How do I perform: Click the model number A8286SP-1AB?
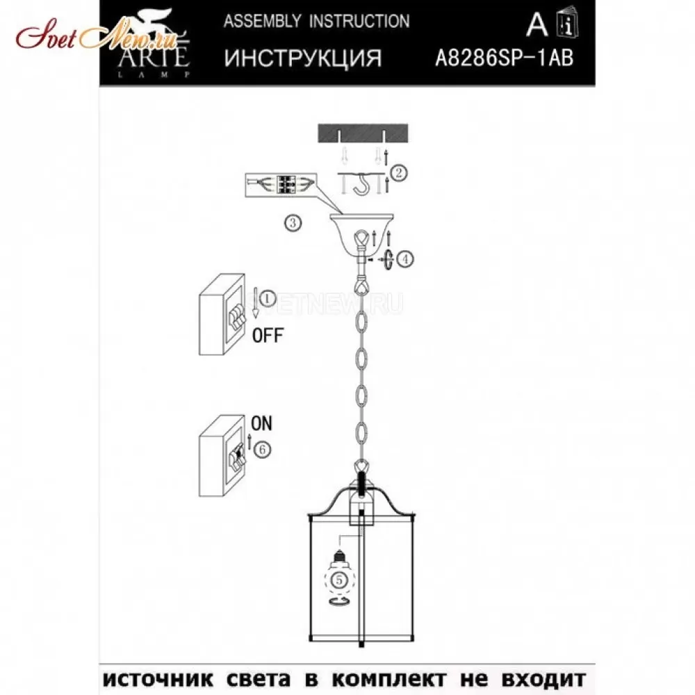[505, 58]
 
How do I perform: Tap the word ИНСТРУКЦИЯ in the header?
[303, 58]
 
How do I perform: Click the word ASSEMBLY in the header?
[263, 22]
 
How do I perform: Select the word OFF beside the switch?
[268, 336]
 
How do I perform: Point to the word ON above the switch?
[261, 423]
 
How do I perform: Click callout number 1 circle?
[267, 299]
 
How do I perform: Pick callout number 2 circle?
[398, 172]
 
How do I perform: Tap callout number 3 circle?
[293, 223]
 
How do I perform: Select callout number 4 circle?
[405, 259]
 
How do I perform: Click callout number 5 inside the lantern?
[340, 580]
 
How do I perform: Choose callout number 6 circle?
[263, 450]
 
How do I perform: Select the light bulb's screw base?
[340, 555]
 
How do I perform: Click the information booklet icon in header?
[567, 23]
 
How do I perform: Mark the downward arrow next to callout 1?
[255, 303]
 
